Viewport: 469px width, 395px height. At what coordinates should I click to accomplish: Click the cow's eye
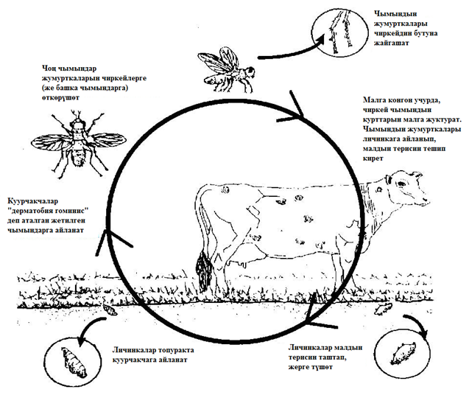(x=379, y=189)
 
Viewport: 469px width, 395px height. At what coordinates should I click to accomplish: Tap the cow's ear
(x=389, y=180)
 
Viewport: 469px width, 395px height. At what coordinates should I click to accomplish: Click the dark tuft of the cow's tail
(x=204, y=269)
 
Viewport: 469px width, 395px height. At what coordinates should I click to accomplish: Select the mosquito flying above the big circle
(x=227, y=69)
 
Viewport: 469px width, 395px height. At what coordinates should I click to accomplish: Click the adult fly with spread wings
(x=78, y=141)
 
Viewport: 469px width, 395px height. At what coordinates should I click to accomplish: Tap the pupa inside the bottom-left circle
(x=74, y=362)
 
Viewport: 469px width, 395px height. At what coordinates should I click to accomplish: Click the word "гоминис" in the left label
(x=71, y=210)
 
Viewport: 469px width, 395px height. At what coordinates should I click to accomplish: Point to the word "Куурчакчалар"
(x=33, y=200)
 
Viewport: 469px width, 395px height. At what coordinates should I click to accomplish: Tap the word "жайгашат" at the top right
(x=392, y=43)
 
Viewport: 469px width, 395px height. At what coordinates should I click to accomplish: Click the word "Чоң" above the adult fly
(x=49, y=69)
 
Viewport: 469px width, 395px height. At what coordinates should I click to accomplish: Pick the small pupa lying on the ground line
(x=110, y=310)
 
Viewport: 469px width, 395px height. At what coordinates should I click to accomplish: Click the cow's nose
(x=426, y=200)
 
